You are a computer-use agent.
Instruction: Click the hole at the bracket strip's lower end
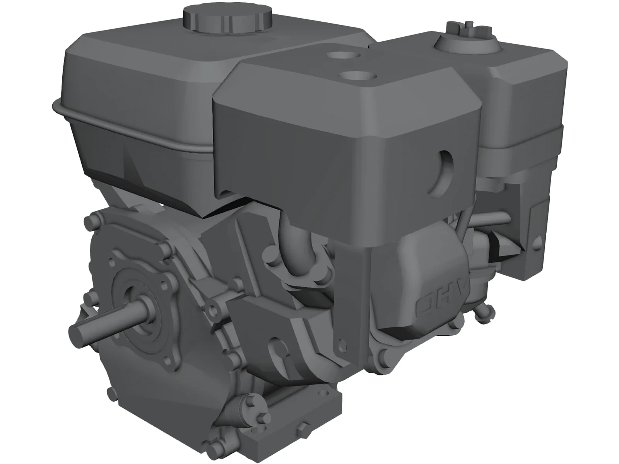point(340,341)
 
